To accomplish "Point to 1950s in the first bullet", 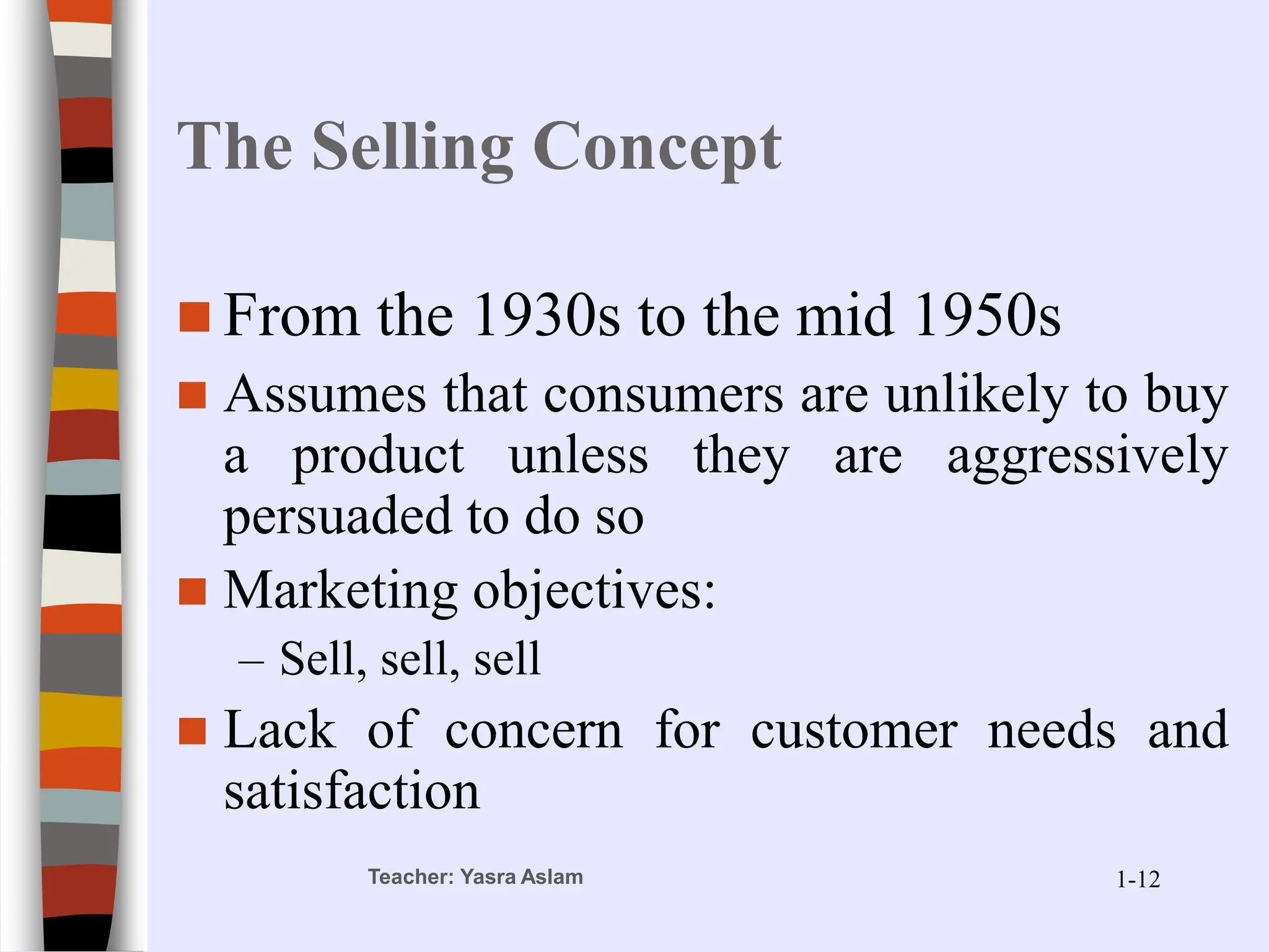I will [986, 316].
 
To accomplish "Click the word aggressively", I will [1087, 457].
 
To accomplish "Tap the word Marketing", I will [340, 591].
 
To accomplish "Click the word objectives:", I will [594, 591].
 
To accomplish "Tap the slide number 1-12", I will [1138, 879].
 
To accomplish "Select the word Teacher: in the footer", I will [411, 877].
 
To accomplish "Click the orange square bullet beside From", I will [194, 317].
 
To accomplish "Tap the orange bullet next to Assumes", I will [193, 396].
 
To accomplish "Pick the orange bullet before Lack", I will [193, 731].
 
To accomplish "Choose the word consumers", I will [663, 396].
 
